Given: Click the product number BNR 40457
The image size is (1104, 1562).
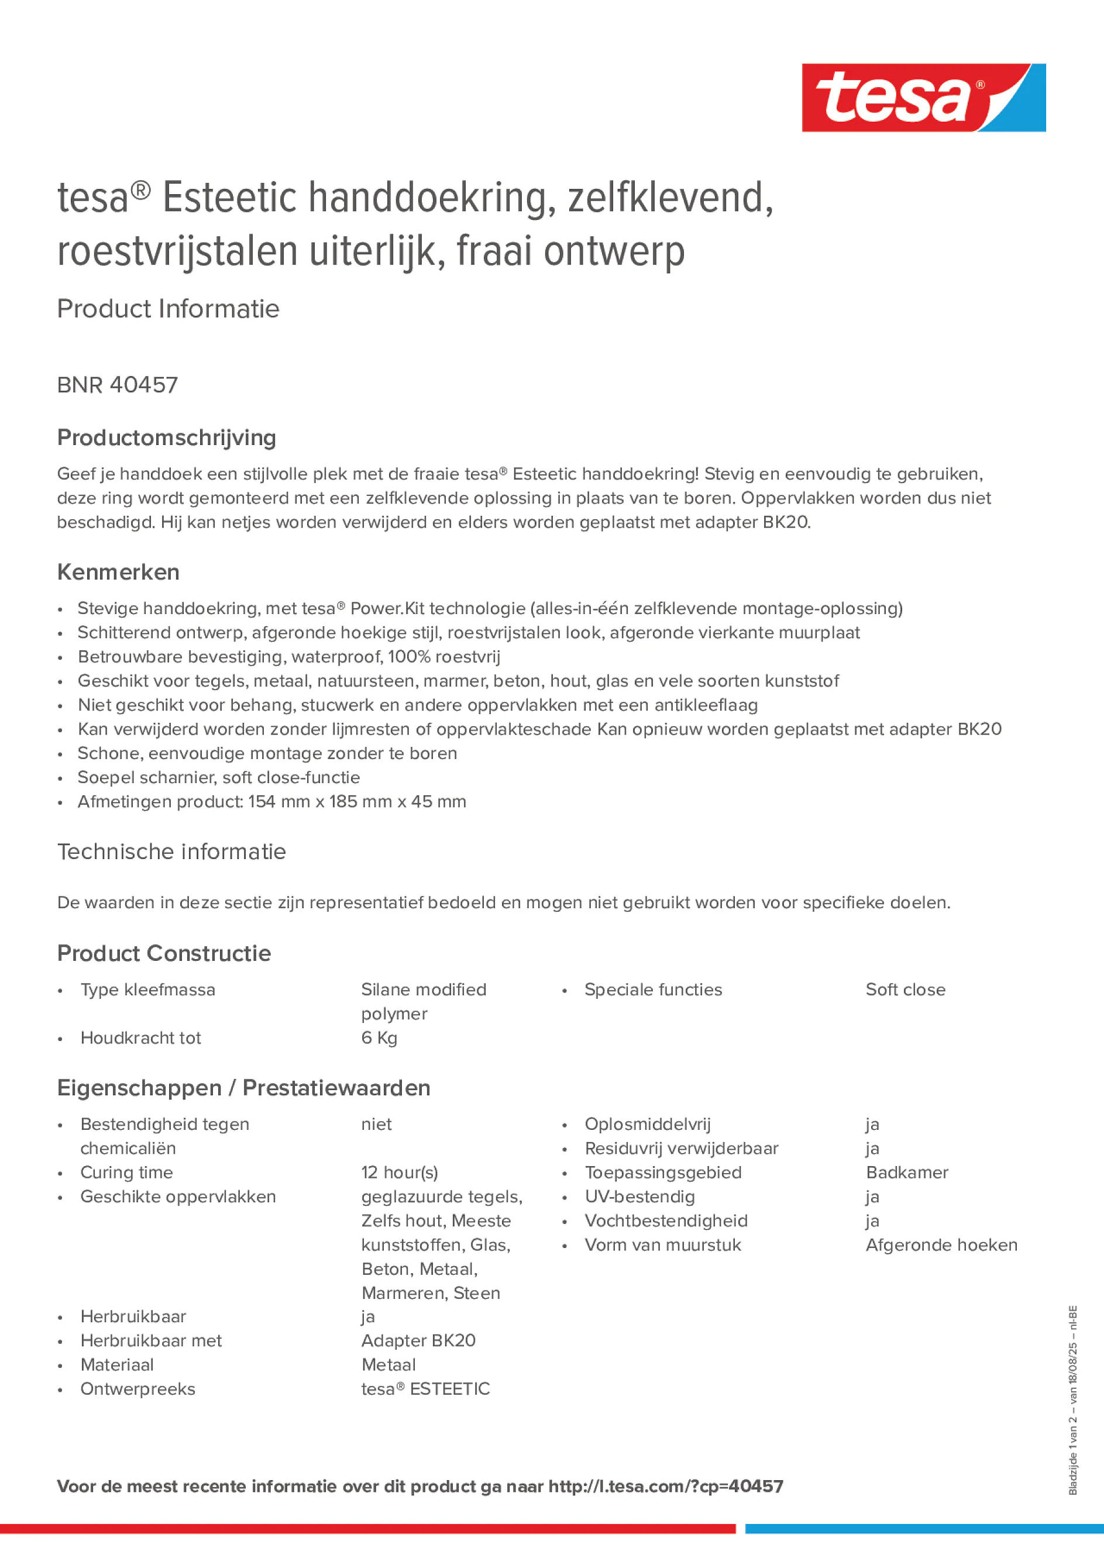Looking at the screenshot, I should [117, 385].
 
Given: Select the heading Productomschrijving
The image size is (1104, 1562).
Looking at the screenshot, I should [166, 437].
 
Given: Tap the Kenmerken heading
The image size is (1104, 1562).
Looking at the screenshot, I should [118, 572].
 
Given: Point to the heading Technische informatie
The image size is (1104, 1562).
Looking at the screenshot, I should [171, 851].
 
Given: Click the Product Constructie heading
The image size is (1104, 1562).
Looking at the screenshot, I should [163, 953].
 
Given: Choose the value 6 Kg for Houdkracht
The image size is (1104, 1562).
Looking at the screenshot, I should [379, 1037].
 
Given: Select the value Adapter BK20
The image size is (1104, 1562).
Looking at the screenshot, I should [418, 1340].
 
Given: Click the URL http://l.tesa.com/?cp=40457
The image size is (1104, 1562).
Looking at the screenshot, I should [666, 1486].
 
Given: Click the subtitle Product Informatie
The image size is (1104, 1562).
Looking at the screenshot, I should [168, 309].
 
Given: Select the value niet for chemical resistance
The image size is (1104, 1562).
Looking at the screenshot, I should [376, 1124].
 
